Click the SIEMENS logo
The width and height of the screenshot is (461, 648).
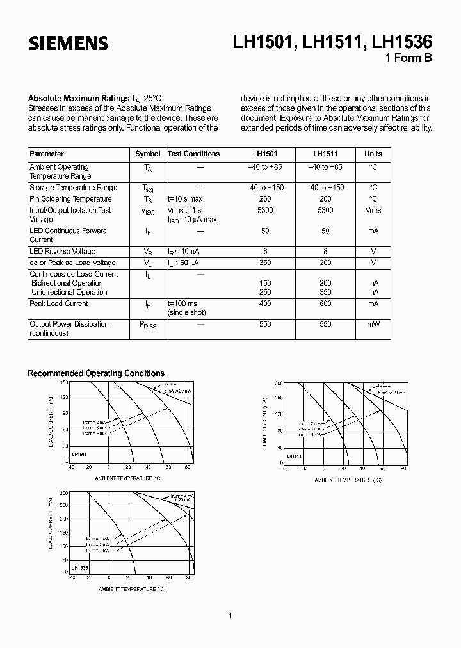coord(68,44)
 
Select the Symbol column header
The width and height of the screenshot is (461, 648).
coord(148,154)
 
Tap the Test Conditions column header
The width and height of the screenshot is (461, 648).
coord(193,154)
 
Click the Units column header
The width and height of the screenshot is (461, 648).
coord(373,154)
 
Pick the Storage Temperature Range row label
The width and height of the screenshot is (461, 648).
coord(73,188)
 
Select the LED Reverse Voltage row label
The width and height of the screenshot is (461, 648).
coord(62,251)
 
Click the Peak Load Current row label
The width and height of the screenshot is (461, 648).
coord(58,304)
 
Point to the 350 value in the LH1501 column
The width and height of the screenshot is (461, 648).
coord(264,263)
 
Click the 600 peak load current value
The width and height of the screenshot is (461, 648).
coord(325,304)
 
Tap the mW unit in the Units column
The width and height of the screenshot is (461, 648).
coord(373,324)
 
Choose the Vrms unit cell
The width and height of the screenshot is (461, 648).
coord(373,210)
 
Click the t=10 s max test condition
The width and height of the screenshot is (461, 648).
coord(186,199)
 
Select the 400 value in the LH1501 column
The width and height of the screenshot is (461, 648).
coord(264,304)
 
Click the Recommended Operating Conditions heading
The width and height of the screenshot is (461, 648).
coord(96,373)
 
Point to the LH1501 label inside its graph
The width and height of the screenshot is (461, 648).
coord(79,453)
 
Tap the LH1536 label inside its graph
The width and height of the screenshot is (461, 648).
coord(79,567)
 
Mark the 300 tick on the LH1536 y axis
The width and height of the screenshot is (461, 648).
coord(64,494)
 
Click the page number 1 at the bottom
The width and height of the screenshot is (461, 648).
coord(230,615)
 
